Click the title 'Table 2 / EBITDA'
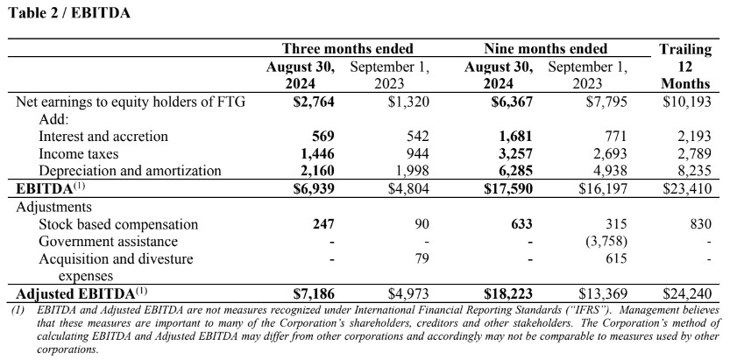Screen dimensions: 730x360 tap(69, 12)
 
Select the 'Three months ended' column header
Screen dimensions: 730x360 tap(348, 48)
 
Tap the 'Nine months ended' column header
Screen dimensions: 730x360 tap(546, 48)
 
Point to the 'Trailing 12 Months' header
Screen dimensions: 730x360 tap(685, 66)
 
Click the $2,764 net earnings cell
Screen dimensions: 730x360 tap(314, 102)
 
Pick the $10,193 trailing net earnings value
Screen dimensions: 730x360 tap(687, 102)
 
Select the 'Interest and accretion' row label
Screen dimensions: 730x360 tap(103, 137)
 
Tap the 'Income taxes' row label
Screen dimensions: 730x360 tap(79, 154)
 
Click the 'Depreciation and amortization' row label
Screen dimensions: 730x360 tap(130, 171)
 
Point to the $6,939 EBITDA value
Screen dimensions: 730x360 tap(314, 189)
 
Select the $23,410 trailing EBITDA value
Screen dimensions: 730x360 tap(687, 189)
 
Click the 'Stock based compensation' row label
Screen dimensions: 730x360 tap(118, 224)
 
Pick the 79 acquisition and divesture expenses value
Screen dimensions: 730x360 tap(421, 258)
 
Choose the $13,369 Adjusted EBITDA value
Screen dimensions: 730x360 tap(603, 294)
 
